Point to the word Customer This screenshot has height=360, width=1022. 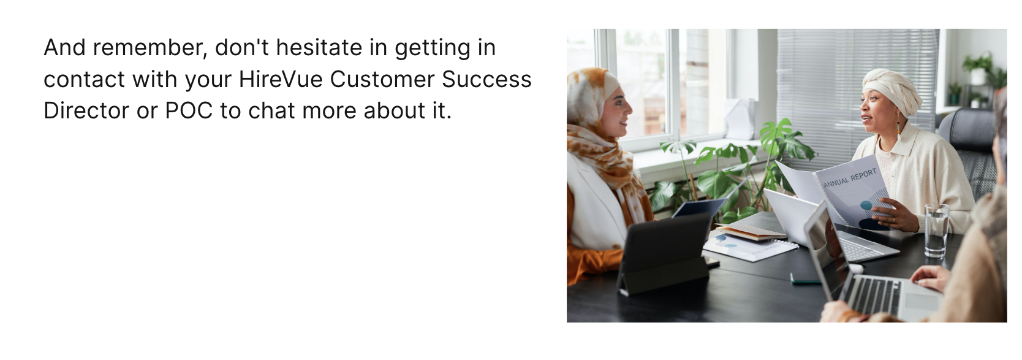point(382,79)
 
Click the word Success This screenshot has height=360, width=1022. point(486,79)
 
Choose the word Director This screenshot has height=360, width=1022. point(86,110)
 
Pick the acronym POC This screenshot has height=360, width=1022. point(189,110)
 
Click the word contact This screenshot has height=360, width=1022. point(84,80)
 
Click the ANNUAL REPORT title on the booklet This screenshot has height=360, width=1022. point(850,178)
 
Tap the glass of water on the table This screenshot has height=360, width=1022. point(937,230)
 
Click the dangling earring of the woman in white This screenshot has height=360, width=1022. point(899,126)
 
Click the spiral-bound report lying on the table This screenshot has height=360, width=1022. point(751,247)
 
